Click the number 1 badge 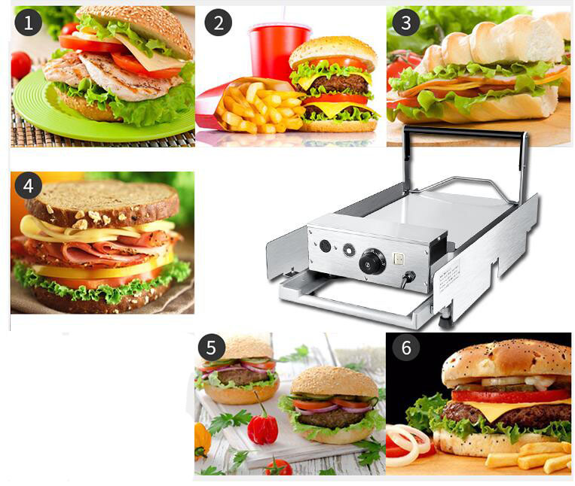point(28,23)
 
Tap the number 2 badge point(219,23)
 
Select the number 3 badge point(406,23)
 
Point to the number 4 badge point(28,186)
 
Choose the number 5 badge point(212,348)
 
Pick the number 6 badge point(406,348)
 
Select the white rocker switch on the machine point(399,258)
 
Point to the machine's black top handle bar point(463,132)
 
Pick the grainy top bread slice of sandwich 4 point(102,202)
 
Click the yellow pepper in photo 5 point(203,440)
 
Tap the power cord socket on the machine point(408,275)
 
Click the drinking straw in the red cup point(283,14)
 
